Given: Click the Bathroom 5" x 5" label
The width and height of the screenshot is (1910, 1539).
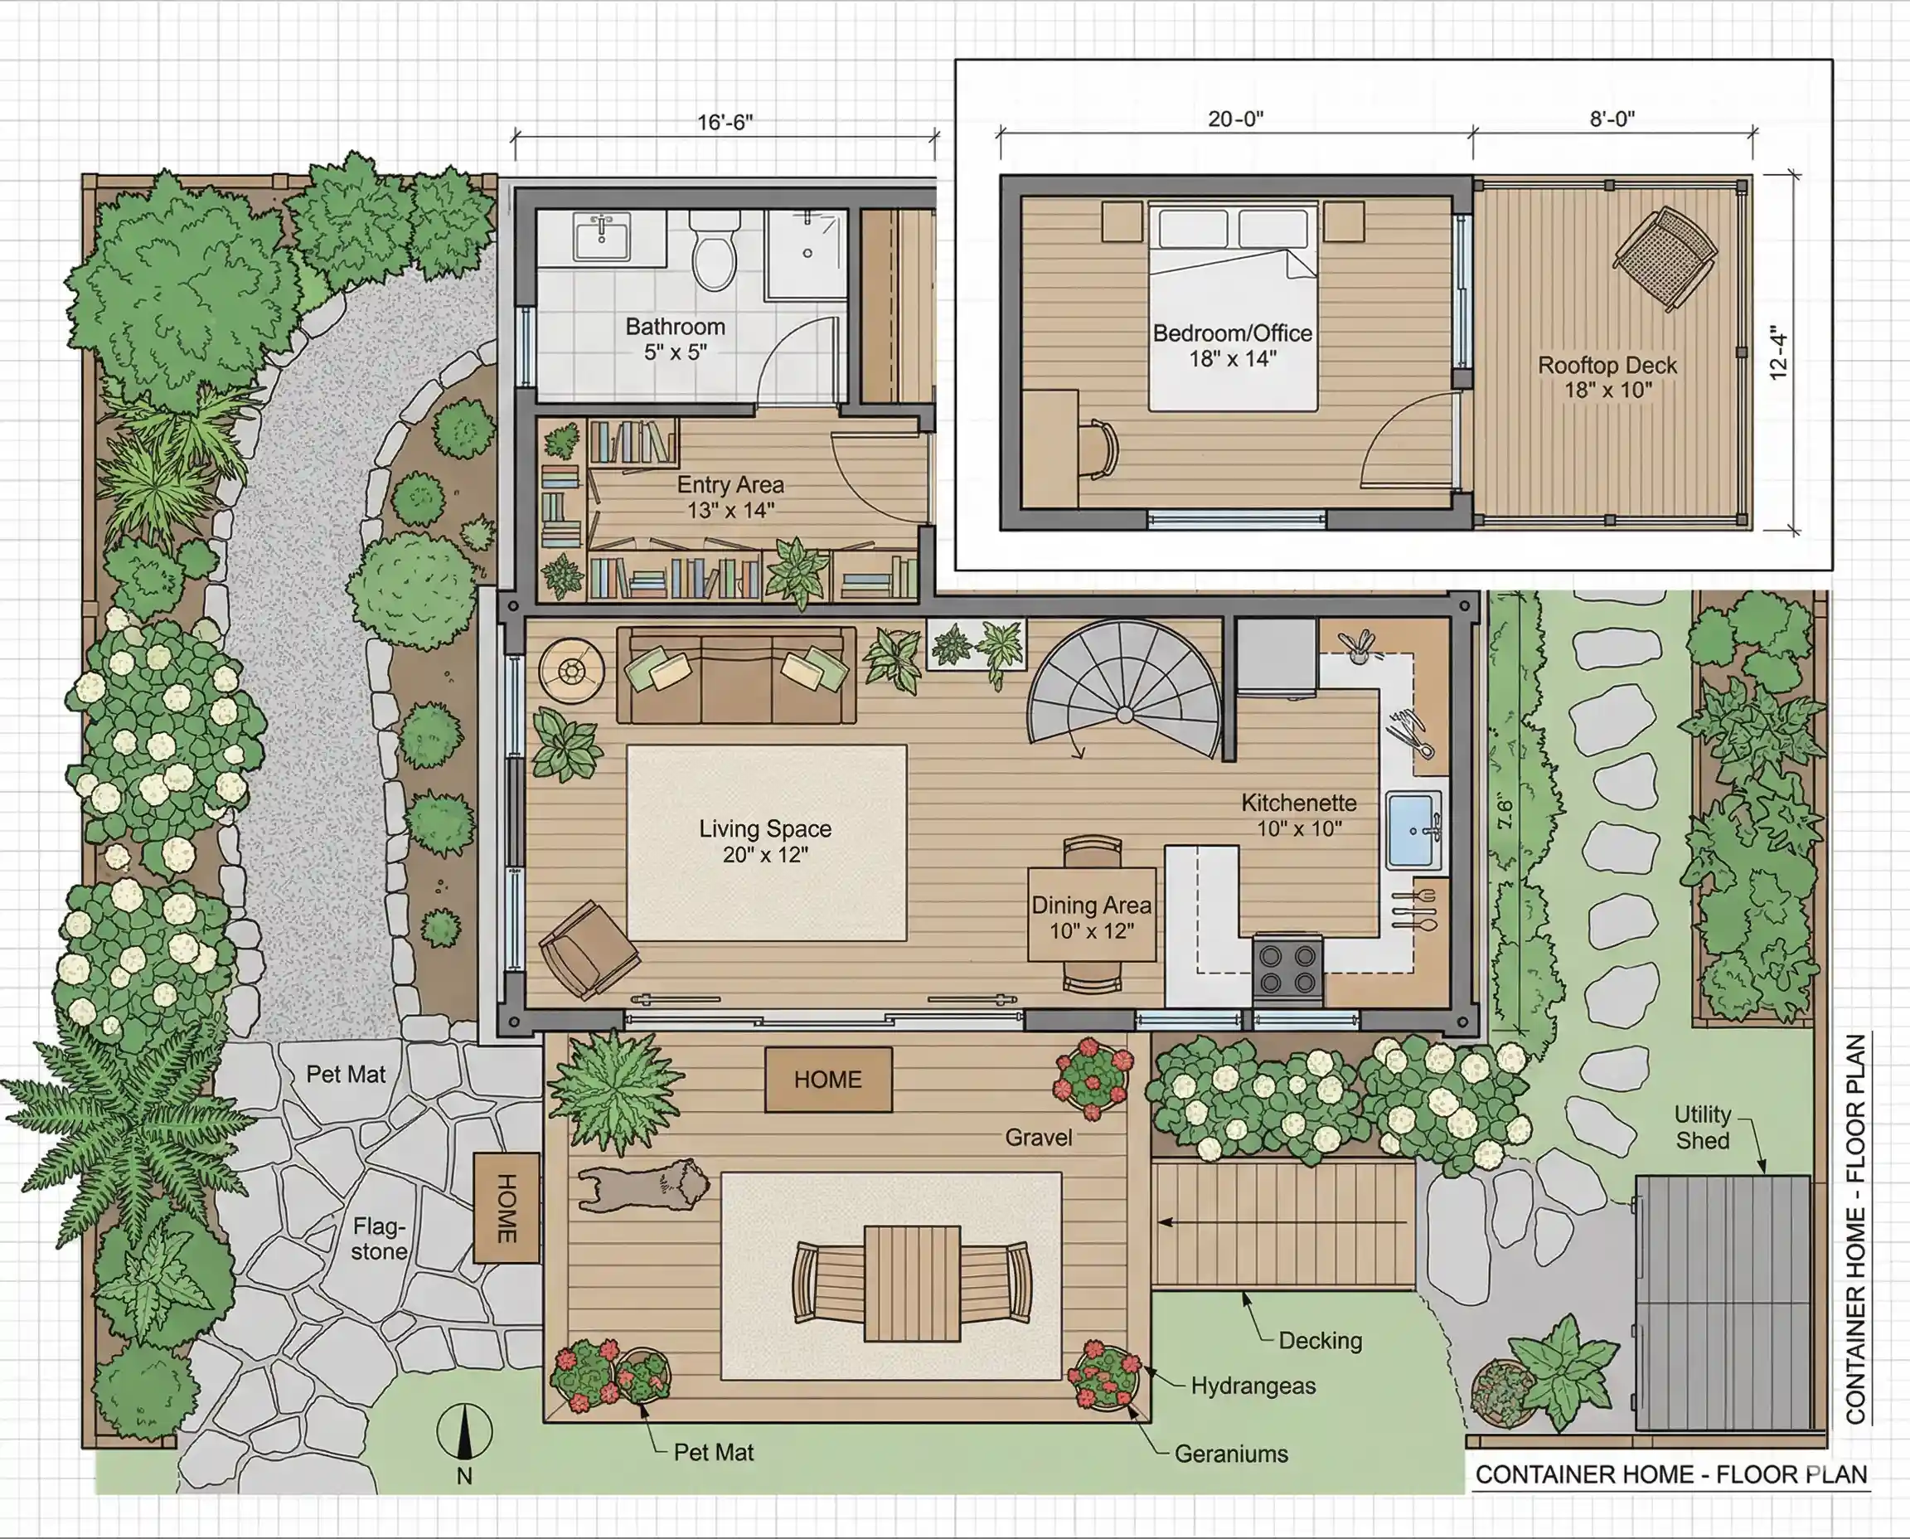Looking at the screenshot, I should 676,339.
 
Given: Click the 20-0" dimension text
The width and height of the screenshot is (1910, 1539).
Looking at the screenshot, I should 1235,119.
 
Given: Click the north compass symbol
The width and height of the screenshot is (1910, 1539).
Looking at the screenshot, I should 463,1432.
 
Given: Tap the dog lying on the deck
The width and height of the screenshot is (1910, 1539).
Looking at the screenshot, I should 643,1184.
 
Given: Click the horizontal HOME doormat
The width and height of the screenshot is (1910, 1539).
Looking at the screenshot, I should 828,1079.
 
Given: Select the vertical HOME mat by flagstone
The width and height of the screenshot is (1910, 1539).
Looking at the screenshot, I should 506,1207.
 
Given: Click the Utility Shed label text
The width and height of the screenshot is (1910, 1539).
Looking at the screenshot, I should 1702,1127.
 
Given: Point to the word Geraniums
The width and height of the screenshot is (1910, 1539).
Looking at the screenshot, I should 1230,1454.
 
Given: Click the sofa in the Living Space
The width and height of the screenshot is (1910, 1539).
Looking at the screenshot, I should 735,676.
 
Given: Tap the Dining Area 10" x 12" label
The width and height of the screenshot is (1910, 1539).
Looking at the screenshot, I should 1091,918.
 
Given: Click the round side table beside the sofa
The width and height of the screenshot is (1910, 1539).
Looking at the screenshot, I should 572,670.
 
